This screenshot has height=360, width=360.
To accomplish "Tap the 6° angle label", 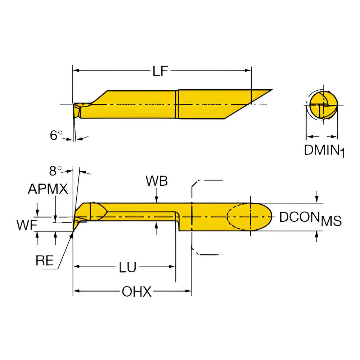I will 56,136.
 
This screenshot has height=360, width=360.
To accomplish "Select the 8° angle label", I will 55,170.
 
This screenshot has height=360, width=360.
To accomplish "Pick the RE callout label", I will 45,260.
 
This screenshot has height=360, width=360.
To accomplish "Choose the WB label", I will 157,181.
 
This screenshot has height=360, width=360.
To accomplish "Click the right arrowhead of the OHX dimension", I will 188,291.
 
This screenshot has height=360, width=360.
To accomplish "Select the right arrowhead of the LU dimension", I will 172,267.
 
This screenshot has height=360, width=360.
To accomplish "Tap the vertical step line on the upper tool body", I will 177,104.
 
